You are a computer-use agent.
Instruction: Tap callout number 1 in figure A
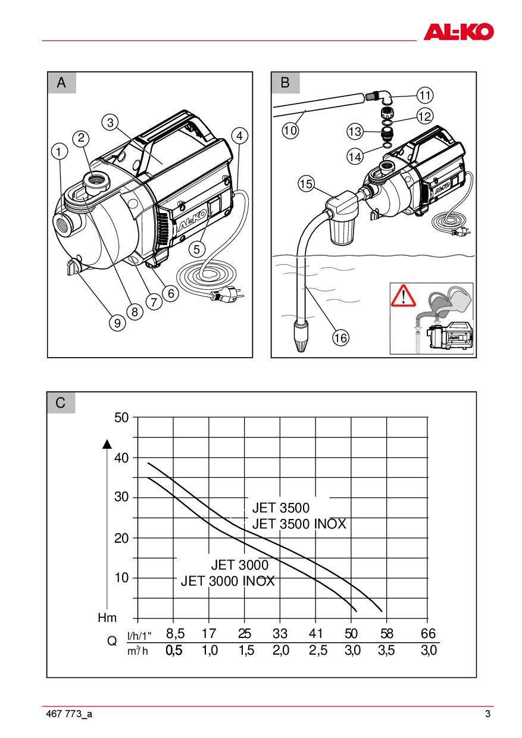pyautogui.click(x=58, y=152)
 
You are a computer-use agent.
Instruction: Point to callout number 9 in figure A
pyautogui.click(x=117, y=323)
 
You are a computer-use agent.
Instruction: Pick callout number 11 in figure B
pyautogui.click(x=425, y=95)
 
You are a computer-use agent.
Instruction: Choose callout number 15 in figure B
pyautogui.click(x=306, y=185)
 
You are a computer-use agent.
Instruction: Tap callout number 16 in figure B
pyautogui.click(x=340, y=338)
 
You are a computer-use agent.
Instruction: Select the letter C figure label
pyautogui.click(x=61, y=403)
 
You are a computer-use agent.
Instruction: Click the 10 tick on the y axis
pyautogui.click(x=121, y=578)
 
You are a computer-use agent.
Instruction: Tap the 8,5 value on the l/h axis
pyautogui.click(x=174, y=634)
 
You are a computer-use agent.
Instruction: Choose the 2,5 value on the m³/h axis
pyautogui.click(x=318, y=651)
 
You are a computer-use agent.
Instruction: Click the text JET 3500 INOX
pyautogui.click(x=299, y=524)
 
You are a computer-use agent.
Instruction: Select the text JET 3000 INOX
pyautogui.click(x=227, y=581)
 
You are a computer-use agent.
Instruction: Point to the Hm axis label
pyautogui.click(x=107, y=618)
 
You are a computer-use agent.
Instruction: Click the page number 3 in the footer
pyautogui.click(x=487, y=714)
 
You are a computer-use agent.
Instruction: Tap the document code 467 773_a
pyautogui.click(x=68, y=714)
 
